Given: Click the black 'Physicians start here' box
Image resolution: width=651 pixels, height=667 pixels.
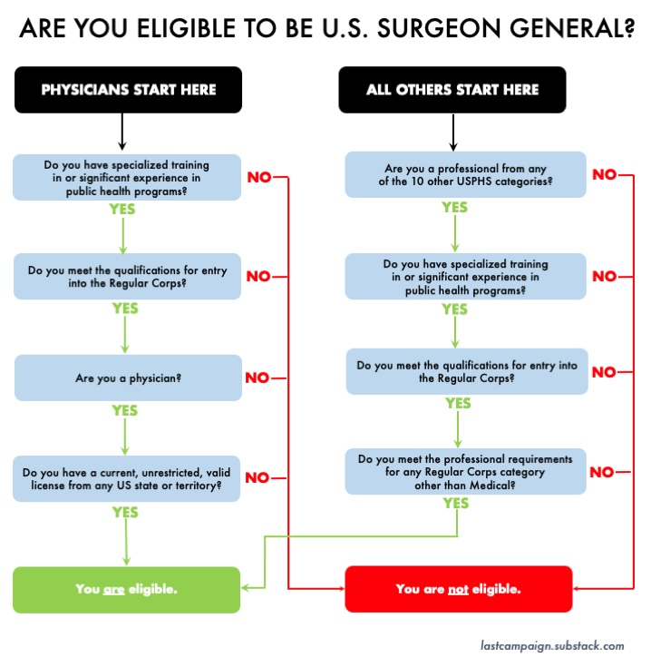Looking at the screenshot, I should click(x=128, y=90).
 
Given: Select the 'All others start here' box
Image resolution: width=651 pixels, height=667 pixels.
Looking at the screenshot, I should click(x=452, y=90).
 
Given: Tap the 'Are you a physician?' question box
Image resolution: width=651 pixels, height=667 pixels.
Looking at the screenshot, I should click(x=128, y=377).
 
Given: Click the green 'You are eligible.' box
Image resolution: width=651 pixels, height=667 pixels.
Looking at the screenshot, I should click(x=126, y=589).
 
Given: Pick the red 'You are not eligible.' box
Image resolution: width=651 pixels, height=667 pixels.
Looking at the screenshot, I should click(x=458, y=589).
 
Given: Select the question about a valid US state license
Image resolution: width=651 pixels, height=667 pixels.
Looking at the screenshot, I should click(x=128, y=478).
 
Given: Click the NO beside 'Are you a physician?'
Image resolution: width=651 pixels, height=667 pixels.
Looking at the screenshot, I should click(x=257, y=378).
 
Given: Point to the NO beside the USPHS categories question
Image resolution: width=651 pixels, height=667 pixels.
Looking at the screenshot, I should click(x=604, y=175).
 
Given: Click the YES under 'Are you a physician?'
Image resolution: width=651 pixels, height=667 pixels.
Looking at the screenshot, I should click(x=124, y=411).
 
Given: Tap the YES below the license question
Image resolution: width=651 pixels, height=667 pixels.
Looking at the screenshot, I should click(x=124, y=513).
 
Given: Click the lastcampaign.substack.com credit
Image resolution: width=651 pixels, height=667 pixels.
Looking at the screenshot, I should click(x=552, y=646).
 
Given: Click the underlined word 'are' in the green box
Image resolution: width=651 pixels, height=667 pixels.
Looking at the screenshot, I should click(x=113, y=589).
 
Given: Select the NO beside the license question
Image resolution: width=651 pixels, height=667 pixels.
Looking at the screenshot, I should click(x=257, y=478).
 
